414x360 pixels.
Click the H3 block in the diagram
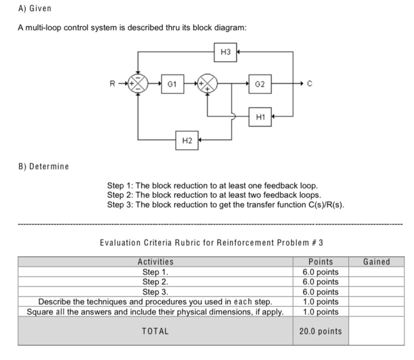[225, 52]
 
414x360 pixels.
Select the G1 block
[170, 84]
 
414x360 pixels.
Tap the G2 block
[260, 84]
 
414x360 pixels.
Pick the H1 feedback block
[260, 117]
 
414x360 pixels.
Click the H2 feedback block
[187, 140]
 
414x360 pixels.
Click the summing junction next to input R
[138, 84]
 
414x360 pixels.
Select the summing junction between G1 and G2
[208, 84]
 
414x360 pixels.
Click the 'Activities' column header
[156, 262]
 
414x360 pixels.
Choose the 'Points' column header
[321, 262]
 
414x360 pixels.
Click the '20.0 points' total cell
[321, 331]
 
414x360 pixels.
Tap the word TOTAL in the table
[156, 331]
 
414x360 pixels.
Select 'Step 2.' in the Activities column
[156, 282]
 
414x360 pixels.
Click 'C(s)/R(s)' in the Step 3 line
[323, 205]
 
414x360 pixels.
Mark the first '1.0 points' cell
[321, 301]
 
